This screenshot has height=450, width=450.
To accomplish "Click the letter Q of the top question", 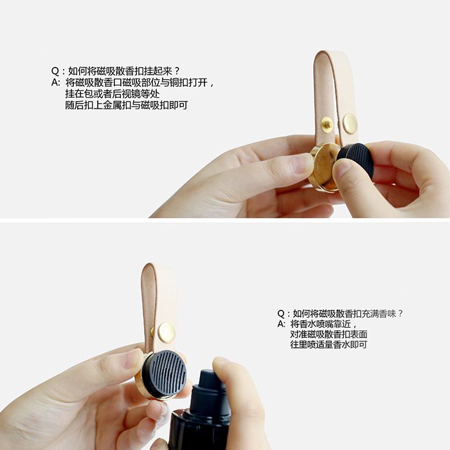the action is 55,71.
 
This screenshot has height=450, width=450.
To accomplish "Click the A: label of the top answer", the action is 56,83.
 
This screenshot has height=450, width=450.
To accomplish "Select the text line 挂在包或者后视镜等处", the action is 113,94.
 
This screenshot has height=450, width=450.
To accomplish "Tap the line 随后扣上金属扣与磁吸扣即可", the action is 127,105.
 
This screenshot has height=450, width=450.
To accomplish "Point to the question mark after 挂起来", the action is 177,71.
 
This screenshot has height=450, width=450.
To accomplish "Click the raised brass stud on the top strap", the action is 327,124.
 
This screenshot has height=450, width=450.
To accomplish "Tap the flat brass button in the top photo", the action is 350,123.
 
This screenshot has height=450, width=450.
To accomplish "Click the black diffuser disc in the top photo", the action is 356,160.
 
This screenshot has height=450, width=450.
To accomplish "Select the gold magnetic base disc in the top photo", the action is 323,167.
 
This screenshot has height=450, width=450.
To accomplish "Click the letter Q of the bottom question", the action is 282,314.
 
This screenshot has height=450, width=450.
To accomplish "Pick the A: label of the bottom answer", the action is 282,324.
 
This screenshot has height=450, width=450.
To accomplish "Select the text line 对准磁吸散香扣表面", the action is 328,334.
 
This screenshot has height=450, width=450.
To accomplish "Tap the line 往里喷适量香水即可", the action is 328,345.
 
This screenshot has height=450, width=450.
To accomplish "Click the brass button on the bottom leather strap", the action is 166,332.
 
